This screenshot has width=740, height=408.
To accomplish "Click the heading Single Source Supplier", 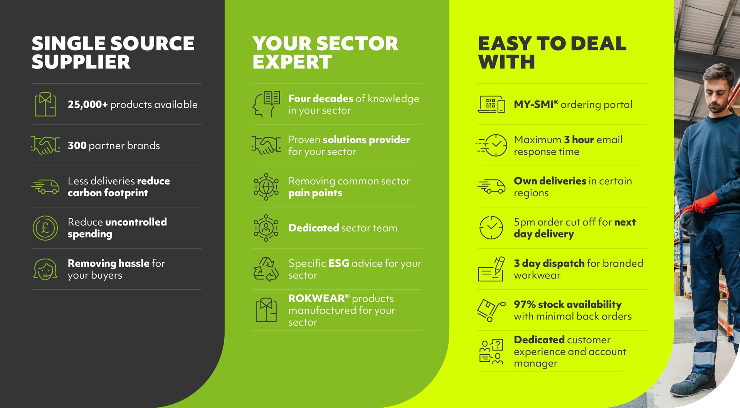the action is pos(113,52).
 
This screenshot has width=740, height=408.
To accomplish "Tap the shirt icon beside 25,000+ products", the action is pos(45,104).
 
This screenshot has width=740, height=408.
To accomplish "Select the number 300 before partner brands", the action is pos(77,145).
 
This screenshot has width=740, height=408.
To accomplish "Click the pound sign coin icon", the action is pos(45,228).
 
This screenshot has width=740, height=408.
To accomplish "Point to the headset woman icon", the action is pos(45,269).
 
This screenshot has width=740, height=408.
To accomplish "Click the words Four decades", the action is pos(321,99).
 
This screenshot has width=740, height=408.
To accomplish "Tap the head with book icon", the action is pos(266,104).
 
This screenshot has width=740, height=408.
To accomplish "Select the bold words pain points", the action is pos(315,193).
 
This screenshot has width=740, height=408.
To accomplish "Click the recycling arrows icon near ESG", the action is pos(266,269).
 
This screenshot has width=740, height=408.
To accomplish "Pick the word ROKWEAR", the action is pos(316,298).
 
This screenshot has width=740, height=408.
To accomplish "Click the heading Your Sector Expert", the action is pos(325,52).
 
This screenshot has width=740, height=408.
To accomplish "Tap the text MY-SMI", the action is pos(533,104).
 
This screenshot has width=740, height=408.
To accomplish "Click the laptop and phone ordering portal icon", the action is pos(491,104).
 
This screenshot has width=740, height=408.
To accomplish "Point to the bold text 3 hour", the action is pos(579,140).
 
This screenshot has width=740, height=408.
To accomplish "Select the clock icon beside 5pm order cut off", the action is pos(491,227).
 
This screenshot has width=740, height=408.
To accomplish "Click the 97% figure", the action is pos(525,304).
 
